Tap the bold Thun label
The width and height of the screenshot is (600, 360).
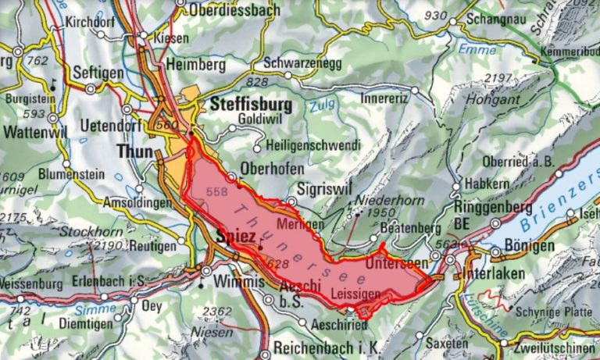[x=133, y=149]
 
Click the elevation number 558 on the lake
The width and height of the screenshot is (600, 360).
[x=220, y=191]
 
